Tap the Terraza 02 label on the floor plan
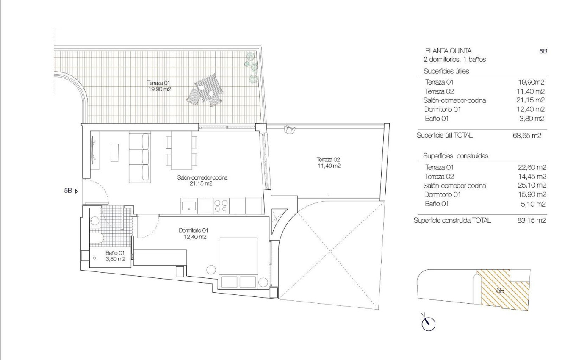point(328,163)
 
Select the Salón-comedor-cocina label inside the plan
point(202,181)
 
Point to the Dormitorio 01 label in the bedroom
point(193,233)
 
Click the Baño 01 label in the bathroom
point(115,256)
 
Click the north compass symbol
point(429,324)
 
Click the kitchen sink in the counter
point(189,206)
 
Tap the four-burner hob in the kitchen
point(221,206)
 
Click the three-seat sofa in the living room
point(140,157)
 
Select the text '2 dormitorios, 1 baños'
point(454,60)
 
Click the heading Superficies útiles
point(446,72)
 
